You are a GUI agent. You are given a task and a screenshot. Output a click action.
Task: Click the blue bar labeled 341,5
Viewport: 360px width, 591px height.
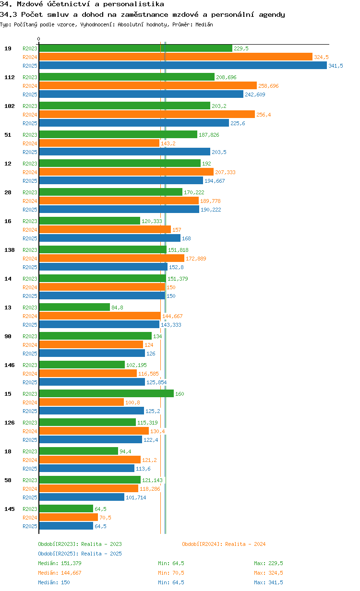[x=182, y=66]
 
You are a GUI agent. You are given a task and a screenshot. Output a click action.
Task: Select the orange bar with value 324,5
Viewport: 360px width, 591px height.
[x=175, y=57]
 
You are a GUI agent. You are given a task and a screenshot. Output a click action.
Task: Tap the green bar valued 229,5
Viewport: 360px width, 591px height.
[x=135, y=48]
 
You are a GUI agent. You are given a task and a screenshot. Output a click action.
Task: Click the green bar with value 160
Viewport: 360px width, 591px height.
[x=106, y=394]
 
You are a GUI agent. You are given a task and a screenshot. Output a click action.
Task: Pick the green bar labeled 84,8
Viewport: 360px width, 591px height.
[x=74, y=307]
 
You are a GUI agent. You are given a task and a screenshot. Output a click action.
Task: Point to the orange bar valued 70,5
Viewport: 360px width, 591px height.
[x=68, y=518]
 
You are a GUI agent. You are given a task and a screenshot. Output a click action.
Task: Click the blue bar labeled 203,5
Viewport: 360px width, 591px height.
[x=124, y=152]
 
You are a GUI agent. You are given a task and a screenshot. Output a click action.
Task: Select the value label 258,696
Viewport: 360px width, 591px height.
[x=268, y=86]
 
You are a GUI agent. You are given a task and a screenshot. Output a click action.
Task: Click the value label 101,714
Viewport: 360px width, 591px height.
[x=136, y=497]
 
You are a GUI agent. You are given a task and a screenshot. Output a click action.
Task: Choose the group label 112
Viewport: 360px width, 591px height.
[x=10, y=77]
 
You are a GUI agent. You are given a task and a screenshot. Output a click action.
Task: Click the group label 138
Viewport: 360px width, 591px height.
[x=10, y=250]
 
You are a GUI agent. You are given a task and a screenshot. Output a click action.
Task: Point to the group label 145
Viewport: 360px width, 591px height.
[x=10, y=509]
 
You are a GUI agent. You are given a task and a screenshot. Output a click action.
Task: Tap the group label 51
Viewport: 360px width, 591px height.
[x=8, y=135]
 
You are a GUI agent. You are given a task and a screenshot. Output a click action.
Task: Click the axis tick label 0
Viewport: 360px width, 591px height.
[x=39, y=39]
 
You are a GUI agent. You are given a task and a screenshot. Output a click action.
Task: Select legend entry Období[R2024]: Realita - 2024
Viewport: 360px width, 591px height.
[x=224, y=544]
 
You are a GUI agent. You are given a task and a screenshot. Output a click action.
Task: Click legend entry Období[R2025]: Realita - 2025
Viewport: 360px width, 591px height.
[x=80, y=554]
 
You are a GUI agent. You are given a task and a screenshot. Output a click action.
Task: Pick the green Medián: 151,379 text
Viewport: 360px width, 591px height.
[x=60, y=563]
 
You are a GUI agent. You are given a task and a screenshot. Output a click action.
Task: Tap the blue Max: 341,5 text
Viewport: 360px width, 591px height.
[x=268, y=582]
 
